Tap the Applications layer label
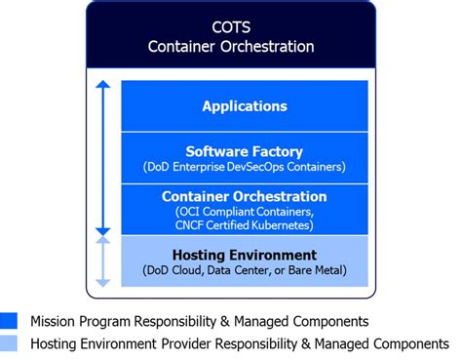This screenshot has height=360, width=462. pos(244,105)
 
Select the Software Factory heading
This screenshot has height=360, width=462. pos(244,150)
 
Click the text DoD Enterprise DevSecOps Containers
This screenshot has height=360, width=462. pos(244,166)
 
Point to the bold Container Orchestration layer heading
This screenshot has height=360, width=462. pos(244,196)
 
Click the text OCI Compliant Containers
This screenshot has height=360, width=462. pos(244,211)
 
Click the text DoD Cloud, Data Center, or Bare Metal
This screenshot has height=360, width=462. pos(244,269)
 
